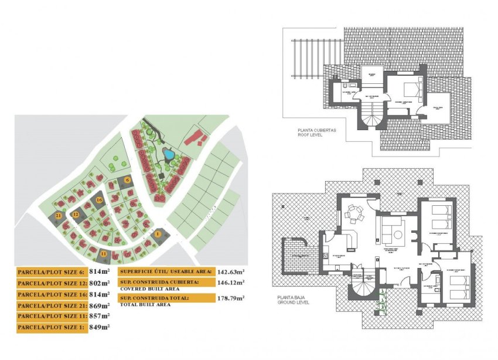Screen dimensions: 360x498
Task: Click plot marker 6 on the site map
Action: point(127,180)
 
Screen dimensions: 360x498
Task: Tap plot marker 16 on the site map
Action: point(100,200)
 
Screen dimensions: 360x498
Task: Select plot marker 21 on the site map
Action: point(59,216)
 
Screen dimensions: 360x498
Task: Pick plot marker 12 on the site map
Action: point(76,215)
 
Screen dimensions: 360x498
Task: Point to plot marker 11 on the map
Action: point(104,253)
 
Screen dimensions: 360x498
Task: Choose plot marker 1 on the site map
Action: point(158,234)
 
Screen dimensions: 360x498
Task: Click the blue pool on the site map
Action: point(169,155)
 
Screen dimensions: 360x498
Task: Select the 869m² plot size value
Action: point(99,305)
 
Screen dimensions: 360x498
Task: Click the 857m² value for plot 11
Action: point(99,317)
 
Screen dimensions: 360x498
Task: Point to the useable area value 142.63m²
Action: point(231,271)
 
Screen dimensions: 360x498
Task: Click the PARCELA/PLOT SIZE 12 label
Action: point(52,283)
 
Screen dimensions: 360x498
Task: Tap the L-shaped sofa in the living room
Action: point(392,230)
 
